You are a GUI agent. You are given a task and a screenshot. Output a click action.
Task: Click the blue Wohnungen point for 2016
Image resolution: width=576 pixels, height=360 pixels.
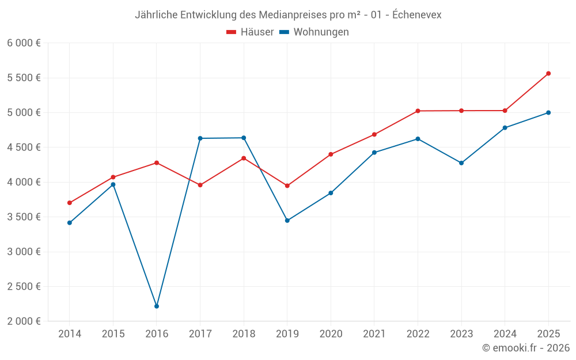[157, 306]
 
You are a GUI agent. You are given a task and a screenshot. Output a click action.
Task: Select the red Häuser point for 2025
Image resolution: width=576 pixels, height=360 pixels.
[548, 73]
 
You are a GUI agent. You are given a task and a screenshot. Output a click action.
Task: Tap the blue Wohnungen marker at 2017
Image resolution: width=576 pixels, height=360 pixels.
[200, 138]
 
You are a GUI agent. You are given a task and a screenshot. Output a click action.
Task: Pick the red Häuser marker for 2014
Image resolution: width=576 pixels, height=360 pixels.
[70, 203]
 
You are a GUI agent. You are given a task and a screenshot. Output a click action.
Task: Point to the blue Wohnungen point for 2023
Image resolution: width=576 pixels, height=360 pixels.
[461, 163]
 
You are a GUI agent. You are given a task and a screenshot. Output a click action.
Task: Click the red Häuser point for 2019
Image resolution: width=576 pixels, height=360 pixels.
[287, 185]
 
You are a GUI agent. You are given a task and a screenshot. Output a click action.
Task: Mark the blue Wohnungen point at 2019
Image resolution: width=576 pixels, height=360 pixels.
[287, 220]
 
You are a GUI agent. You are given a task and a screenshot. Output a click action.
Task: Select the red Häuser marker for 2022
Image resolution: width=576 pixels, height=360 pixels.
[418, 111]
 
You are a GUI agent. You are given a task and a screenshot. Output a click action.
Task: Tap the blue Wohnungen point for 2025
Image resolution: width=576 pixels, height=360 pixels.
[548, 112]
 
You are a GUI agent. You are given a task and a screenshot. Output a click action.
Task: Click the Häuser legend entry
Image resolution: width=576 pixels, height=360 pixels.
[250, 32]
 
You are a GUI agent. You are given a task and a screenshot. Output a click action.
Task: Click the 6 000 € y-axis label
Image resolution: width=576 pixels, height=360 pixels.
[24, 43]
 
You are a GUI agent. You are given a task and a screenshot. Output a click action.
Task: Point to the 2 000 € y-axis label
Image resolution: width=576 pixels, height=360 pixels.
[24, 321]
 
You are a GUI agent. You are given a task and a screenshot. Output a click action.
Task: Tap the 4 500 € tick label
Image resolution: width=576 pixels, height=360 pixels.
[24, 147]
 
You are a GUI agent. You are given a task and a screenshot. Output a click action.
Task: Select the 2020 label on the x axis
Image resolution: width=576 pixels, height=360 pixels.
[331, 334]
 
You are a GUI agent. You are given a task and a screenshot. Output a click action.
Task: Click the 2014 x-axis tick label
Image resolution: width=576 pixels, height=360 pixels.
[70, 334]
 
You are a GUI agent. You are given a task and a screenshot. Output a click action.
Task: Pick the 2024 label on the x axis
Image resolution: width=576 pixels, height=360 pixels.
[505, 334]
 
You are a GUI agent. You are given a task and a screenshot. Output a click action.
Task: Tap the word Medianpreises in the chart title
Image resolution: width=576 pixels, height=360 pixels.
[263, 15]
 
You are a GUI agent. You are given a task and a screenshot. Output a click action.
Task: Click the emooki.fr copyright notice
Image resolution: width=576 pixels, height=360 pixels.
[526, 348]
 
